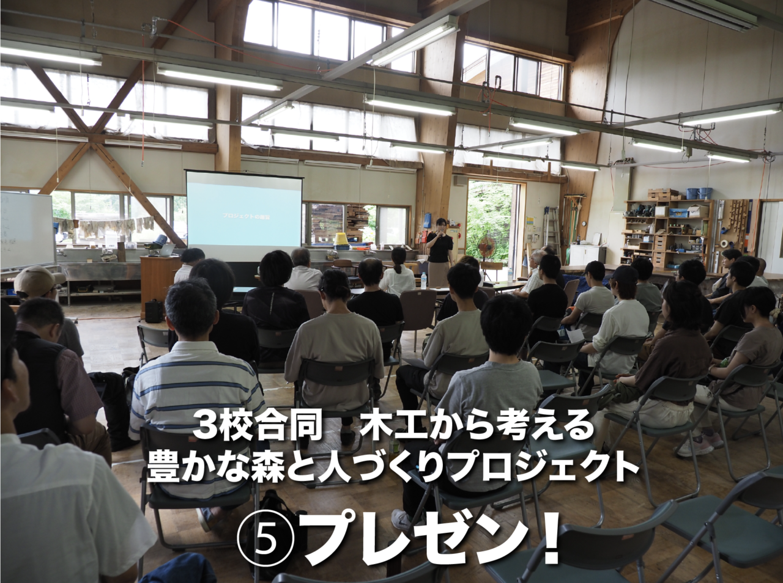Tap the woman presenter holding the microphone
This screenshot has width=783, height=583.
click(x=439, y=251)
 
